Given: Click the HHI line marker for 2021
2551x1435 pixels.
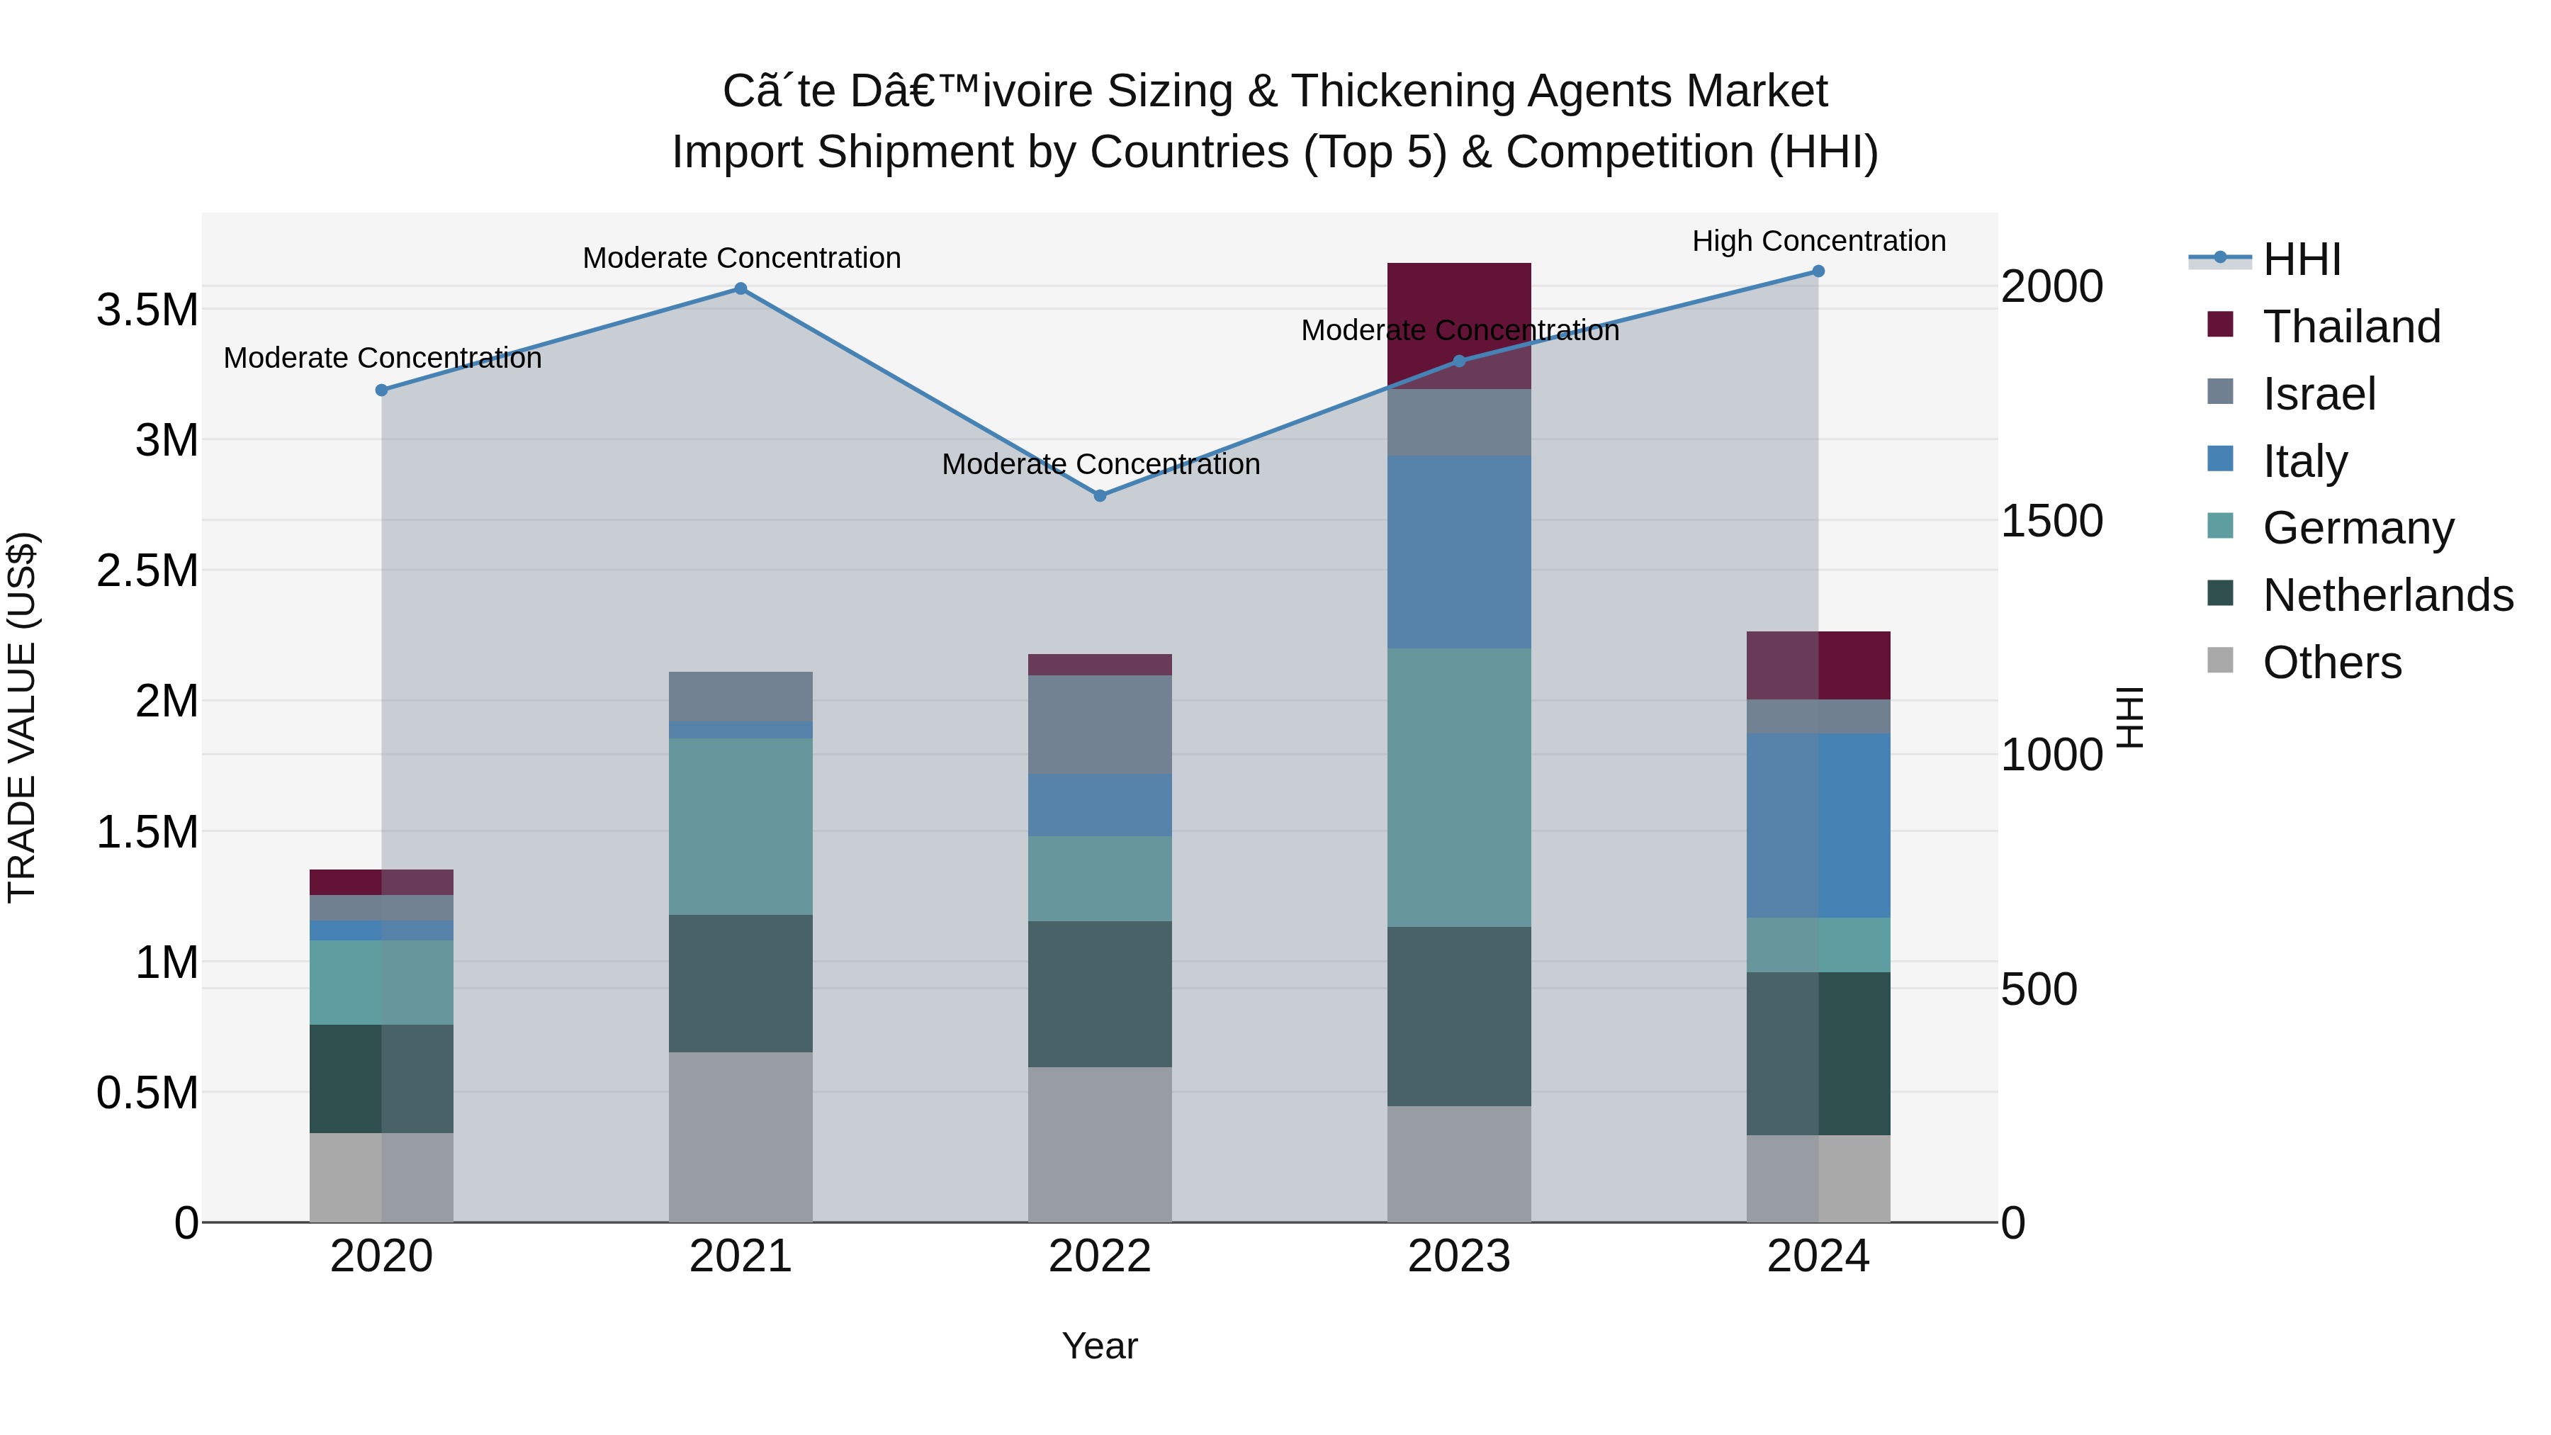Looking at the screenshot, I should click(x=740, y=289).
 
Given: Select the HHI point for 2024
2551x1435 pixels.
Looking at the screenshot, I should click(x=1818, y=271).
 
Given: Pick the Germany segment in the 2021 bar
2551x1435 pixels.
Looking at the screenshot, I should click(x=740, y=826).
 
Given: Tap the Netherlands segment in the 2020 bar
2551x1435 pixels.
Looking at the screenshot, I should click(x=381, y=1079).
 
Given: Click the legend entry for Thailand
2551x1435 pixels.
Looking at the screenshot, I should click(x=2352, y=326).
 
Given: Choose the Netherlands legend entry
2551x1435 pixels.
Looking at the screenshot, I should click(x=2387, y=595).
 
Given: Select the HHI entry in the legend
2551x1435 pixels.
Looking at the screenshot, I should click(x=2302, y=259).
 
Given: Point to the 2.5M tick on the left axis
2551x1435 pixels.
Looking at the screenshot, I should click(x=147, y=571).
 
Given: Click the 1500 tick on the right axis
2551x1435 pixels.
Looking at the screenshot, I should click(x=2051, y=521).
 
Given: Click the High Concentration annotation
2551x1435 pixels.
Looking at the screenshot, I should click(x=1818, y=241).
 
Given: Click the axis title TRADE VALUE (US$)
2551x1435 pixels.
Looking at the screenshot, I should click(x=22, y=717).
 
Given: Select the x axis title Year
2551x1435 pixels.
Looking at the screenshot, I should click(x=1099, y=1346).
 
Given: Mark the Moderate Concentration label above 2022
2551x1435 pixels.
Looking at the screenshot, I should click(x=1100, y=463).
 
